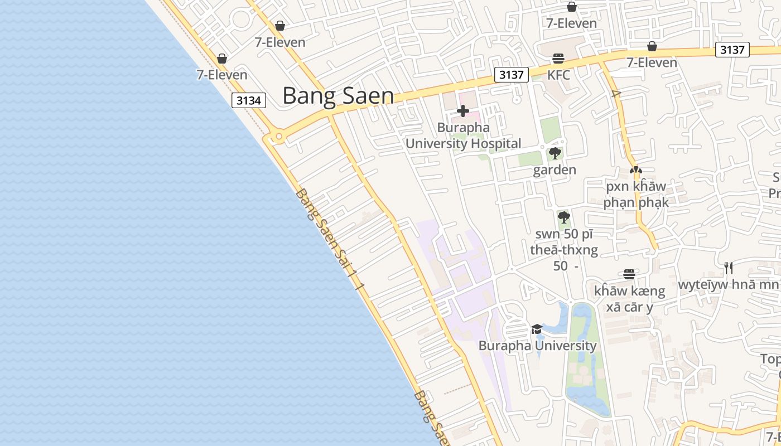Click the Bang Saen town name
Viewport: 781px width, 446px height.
(x=338, y=95)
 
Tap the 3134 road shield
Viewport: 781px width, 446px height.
(x=249, y=100)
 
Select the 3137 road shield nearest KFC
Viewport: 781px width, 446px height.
(x=511, y=75)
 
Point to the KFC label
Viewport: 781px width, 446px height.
(x=558, y=75)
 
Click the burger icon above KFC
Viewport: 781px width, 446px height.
(x=558, y=59)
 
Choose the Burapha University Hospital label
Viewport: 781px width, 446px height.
(x=463, y=135)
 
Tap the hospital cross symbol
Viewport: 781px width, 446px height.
(x=463, y=111)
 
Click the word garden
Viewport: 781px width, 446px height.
(x=555, y=170)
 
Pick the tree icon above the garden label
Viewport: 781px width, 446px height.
(x=555, y=154)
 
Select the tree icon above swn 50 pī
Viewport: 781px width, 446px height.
(x=564, y=217)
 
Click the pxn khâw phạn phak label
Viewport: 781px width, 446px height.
(x=635, y=194)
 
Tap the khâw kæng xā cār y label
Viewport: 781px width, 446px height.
(x=629, y=299)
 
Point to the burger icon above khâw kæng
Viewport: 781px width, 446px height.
(x=629, y=274)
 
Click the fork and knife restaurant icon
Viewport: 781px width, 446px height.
(x=728, y=268)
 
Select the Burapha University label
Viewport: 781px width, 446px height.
(x=537, y=346)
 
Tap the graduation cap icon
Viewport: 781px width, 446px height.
(x=537, y=329)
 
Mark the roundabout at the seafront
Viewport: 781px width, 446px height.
(x=277, y=137)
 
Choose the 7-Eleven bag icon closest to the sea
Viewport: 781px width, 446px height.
(x=222, y=59)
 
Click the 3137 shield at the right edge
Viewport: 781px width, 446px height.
(x=732, y=50)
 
